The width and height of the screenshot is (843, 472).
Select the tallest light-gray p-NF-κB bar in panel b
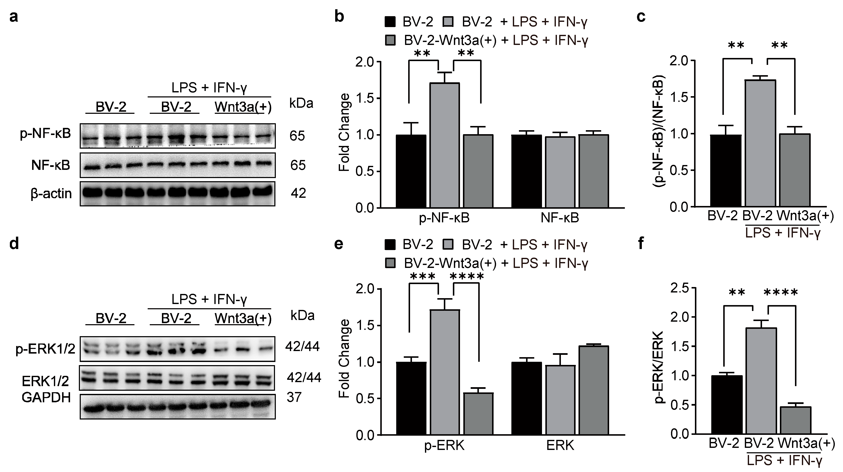tap(444, 146)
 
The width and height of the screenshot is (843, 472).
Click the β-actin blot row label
tap(51, 194)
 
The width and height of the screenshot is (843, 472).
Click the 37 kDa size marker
tap(294, 397)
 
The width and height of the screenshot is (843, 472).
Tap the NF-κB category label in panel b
tap(560, 218)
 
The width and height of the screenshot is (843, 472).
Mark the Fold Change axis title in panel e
tap(344, 359)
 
